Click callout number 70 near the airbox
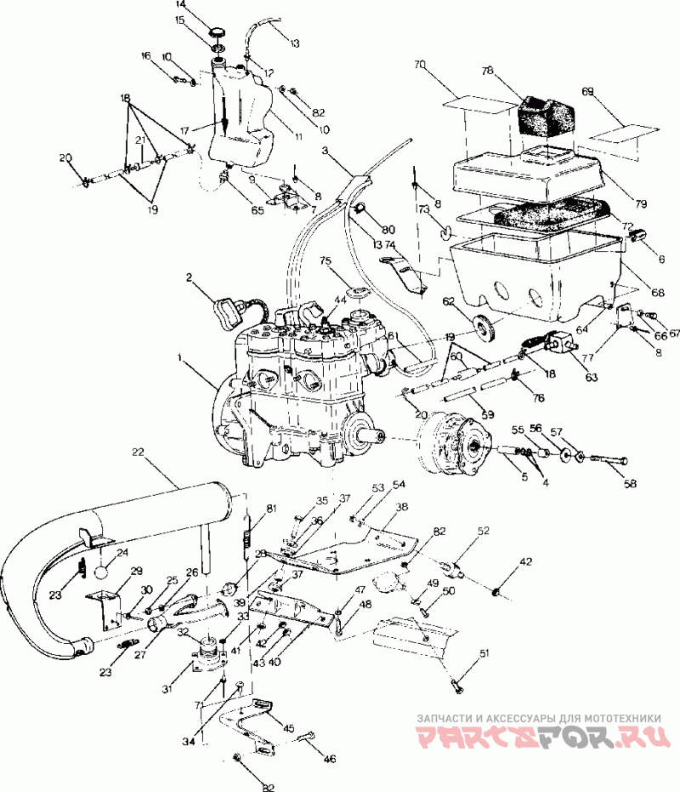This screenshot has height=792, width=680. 419,64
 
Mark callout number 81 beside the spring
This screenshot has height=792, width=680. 271,509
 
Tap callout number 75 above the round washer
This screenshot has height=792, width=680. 325,260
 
